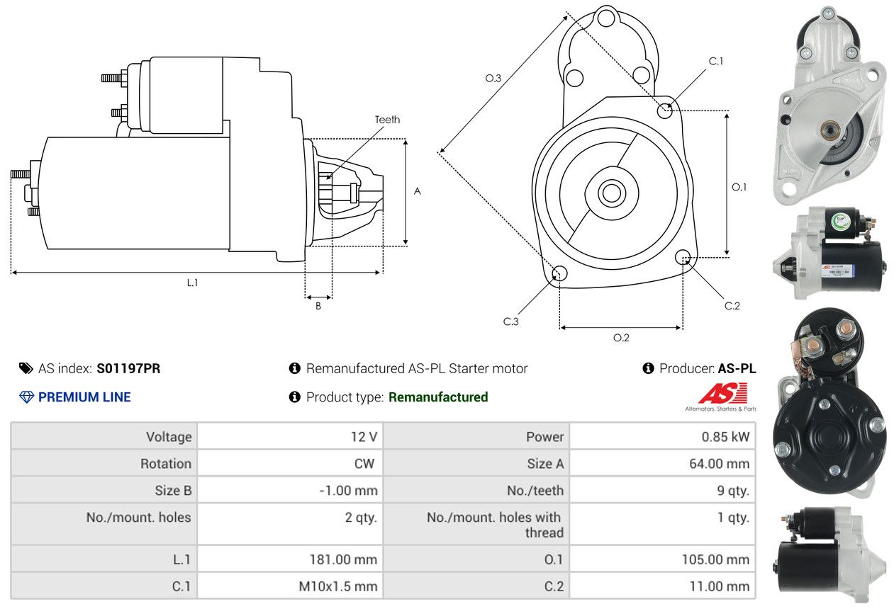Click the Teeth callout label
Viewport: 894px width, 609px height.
point(387,120)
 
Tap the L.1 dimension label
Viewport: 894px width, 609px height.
point(192,283)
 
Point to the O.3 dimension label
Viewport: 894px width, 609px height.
point(493,79)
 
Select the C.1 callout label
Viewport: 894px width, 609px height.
point(716,61)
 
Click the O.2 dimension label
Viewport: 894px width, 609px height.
point(621,338)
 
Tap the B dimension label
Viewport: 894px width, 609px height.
point(318,307)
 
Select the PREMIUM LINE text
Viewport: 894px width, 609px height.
point(84,397)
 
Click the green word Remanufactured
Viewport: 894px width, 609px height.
point(438,397)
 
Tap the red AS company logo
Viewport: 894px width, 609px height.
point(722,394)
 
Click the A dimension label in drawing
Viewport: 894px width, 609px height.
point(418,191)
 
